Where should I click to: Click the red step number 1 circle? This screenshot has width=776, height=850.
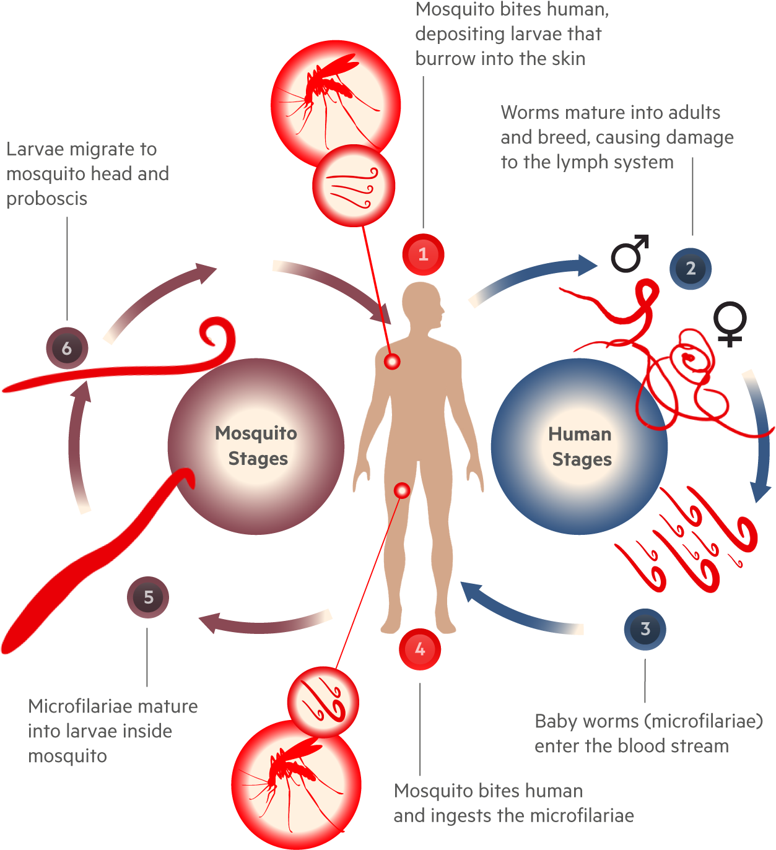423,254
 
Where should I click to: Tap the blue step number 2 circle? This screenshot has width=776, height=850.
691,269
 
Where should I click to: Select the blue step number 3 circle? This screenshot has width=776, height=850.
645,629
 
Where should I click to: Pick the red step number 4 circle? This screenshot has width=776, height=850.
420,649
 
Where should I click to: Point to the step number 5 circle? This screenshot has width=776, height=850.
148,597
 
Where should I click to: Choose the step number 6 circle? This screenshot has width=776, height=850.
67,349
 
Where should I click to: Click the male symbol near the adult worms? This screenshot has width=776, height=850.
629,254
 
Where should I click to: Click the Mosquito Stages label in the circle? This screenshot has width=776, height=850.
256,446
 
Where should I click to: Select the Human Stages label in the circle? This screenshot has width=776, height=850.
580,446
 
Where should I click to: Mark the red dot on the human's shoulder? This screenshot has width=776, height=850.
392,361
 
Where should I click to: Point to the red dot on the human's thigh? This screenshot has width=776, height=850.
402,491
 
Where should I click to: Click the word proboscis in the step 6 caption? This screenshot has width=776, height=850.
47,199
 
